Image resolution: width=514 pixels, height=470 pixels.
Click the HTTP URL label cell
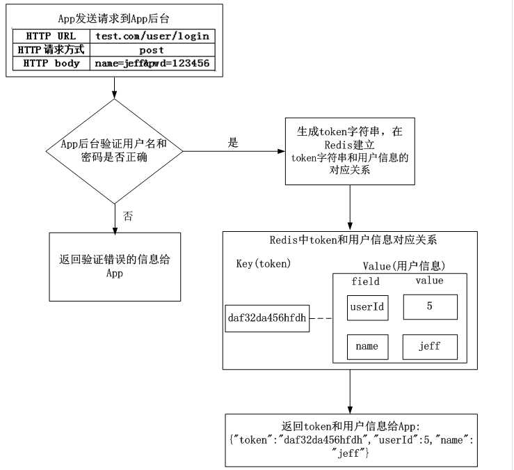51,36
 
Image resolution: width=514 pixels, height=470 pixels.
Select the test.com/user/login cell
151,36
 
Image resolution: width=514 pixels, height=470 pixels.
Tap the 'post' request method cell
151,49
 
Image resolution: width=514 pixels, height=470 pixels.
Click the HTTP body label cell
51,63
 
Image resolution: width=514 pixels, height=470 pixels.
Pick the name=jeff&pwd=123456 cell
151,63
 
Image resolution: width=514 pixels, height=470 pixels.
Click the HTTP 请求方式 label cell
51,49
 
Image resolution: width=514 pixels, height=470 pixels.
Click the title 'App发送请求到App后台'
114,17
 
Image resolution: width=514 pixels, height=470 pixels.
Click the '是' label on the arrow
233,143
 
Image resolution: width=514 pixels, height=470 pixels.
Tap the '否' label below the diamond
128,215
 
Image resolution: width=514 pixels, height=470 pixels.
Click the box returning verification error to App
115,266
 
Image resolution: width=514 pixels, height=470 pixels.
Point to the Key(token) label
263,264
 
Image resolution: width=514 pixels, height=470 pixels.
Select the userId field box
368,307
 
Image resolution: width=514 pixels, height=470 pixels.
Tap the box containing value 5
429,307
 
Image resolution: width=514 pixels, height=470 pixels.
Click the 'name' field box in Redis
368,346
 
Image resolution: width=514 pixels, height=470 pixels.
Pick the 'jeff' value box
429,346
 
